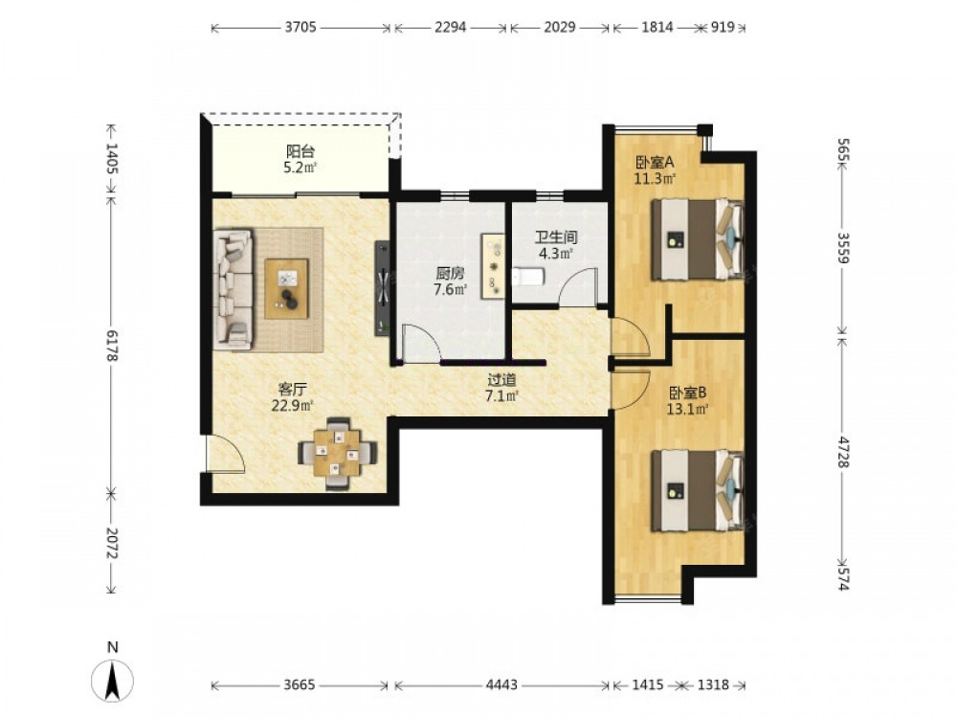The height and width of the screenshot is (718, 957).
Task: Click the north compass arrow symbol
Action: (112, 680)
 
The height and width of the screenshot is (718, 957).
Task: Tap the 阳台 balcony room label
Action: (300, 151)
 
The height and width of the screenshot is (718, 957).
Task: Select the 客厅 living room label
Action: (292, 389)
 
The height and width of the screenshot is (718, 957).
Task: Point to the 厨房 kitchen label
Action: (450, 274)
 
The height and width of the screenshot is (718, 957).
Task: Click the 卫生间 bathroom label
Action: (556, 237)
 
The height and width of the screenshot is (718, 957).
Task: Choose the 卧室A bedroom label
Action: (655, 163)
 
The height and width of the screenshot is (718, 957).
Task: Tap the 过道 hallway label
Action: (501, 380)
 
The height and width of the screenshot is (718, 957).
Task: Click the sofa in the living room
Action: (233, 289)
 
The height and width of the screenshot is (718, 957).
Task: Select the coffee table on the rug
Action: (286, 289)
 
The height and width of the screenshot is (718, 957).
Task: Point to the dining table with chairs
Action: (337, 454)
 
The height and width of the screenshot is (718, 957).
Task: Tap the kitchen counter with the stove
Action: (493, 266)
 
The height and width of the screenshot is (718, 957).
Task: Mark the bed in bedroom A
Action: (698, 238)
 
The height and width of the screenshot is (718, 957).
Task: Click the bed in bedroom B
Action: (698, 491)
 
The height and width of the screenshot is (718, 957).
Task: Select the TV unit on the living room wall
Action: (383, 287)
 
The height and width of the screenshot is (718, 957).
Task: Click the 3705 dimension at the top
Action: (300, 28)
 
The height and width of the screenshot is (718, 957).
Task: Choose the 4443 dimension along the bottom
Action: (501, 685)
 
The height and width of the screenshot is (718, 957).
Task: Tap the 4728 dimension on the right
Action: (843, 452)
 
